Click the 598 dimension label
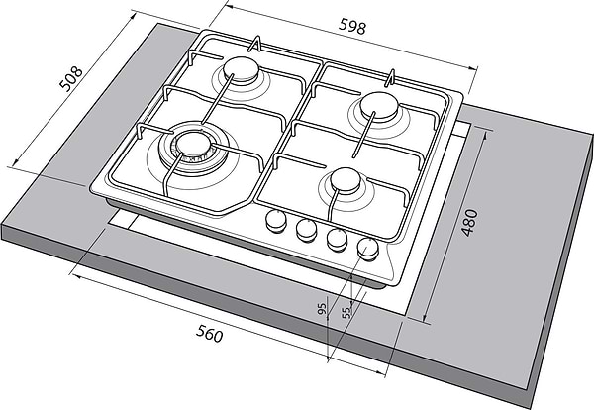tap(352, 27)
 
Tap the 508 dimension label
tap(71, 79)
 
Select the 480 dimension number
tap(469, 223)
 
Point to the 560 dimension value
tap(210, 334)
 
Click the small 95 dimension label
tap(321, 309)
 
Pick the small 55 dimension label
tap(346, 312)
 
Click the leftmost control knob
tap(276, 221)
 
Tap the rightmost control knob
tap(367, 249)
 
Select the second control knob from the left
tap(307, 230)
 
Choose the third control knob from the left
tap(337, 240)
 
